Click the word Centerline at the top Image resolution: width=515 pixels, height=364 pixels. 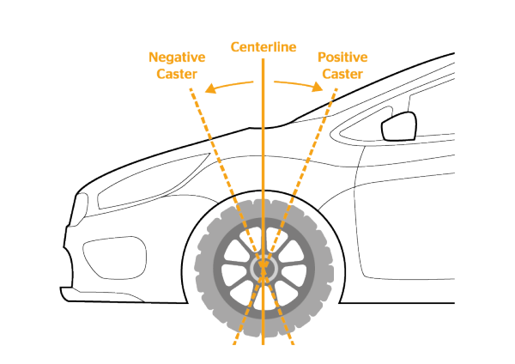tap(264, 46)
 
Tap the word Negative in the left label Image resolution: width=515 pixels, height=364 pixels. tap(177, 58)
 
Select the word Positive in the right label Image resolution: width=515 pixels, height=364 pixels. tap(342, 58)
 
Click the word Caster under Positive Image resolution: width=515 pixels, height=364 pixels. tap(342, 74)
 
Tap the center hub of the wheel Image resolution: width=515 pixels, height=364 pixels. tap(264, 268)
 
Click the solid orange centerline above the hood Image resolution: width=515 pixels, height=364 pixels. tap(264, 94)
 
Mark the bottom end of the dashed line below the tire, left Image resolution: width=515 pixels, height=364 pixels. tap(233, 343)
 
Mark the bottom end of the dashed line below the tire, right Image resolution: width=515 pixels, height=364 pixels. tap(294, 343)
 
